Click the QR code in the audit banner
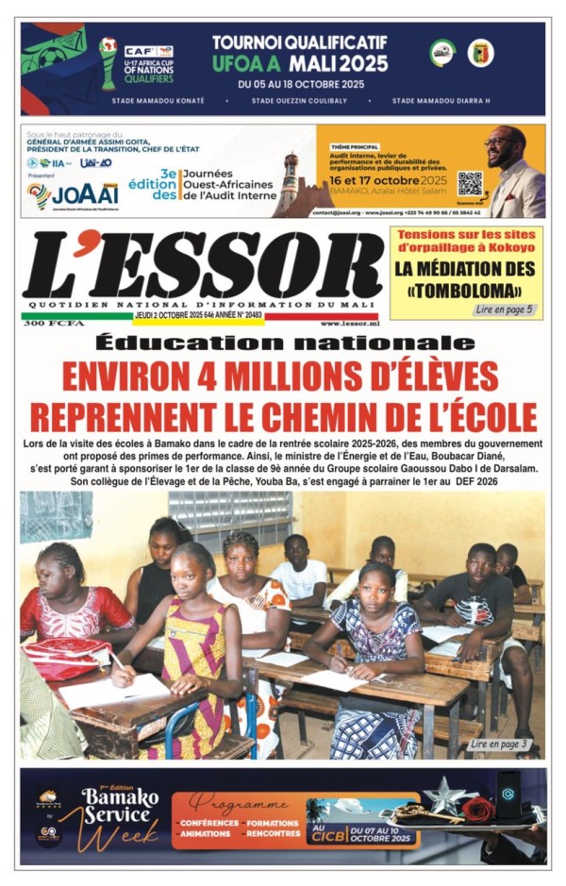point(469,183)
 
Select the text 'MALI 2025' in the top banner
point(338,64)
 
